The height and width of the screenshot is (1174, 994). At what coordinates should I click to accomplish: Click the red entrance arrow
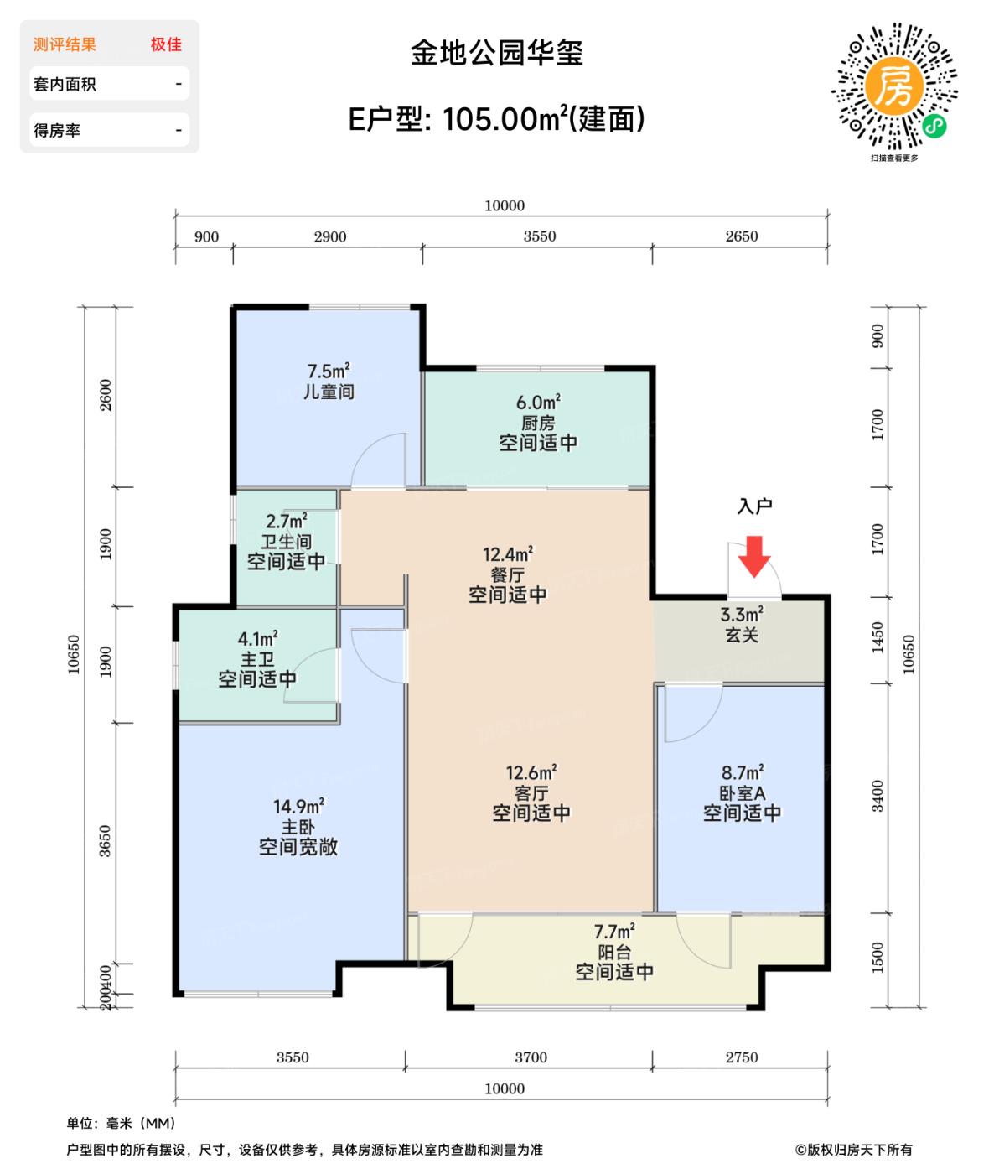point(754,556)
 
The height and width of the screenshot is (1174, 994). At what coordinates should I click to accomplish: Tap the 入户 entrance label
point(754,506)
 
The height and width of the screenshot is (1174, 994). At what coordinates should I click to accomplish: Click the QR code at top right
point(894,87)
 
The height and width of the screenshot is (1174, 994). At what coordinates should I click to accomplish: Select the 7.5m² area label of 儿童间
point(329,371)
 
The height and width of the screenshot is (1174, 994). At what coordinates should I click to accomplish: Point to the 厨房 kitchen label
point(538,423)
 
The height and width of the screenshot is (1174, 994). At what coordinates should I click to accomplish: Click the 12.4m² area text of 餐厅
point(508,554)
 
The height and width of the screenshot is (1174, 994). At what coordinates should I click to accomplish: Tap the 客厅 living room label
point(531,793)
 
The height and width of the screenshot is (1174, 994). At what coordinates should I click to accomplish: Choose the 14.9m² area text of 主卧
point(298,807)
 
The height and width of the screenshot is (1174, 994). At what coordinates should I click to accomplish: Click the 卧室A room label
point(743,793)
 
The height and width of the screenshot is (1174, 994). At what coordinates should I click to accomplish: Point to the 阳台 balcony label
point(614,953)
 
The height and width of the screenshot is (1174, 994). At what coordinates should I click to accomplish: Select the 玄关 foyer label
point(742,635)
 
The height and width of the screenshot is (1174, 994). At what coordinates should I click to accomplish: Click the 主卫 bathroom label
point(257,660)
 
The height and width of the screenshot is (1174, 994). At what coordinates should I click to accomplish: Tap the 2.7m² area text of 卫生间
point(287,522)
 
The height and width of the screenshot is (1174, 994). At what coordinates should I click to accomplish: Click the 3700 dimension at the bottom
point(531,1057)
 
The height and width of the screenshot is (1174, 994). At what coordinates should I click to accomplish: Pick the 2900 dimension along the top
point(330,237)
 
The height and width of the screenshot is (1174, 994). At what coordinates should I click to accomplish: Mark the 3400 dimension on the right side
point(878,796)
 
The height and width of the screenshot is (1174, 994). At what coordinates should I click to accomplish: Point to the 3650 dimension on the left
point(106,841)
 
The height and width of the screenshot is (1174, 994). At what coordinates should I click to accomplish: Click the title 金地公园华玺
point(496,54)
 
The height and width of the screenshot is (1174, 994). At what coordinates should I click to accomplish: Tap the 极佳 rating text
point(166,44)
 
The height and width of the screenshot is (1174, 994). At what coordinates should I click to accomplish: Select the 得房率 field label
point(57,131)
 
